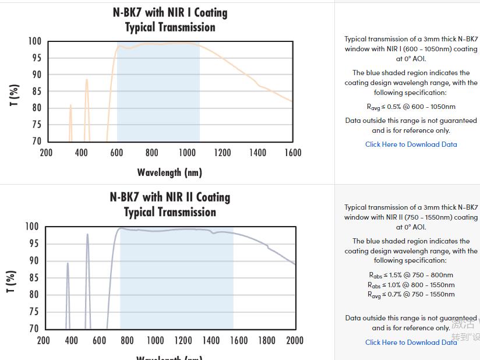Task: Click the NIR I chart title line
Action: (170, 12)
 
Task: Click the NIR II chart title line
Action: (170, 197)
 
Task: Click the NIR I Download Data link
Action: (411, 144)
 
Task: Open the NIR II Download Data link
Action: (411, 343)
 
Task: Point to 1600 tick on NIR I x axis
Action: (293, 153)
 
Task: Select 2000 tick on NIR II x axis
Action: (295, 340)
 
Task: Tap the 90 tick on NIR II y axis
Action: (33, 261)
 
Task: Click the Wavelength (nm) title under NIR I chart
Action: (170, 172)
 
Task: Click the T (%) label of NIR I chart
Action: (15, 96)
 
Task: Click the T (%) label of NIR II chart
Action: (11, 281)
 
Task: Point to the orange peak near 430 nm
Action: (87, 80)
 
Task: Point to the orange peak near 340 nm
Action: (70, 106)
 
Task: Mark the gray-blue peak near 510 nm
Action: (87, 235)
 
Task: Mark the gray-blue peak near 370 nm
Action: (68, 264)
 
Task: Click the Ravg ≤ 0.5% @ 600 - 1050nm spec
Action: (411, 107)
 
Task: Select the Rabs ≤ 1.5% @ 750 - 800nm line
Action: (411, 275)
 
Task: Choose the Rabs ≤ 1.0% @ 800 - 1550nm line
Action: (411, 285)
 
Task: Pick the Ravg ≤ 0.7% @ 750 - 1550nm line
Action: (411, 295)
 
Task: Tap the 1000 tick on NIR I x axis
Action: (187, 153)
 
